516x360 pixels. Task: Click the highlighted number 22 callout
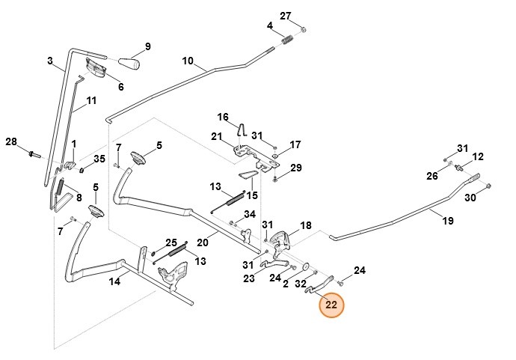coord(331,305)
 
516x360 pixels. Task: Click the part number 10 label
coord(187,61)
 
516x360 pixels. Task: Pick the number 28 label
coord(11,142)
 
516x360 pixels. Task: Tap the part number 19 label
coord(448,221)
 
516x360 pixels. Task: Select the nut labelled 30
coord(488,186)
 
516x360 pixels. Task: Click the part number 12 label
coord(478,156)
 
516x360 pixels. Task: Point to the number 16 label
coord(223,118)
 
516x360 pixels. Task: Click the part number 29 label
coord(296,168)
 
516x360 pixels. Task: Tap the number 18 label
coord(305,225)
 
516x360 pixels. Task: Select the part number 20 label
coord(202,242)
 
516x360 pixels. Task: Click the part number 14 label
coord(114,281)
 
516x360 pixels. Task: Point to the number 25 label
coord(171,242)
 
